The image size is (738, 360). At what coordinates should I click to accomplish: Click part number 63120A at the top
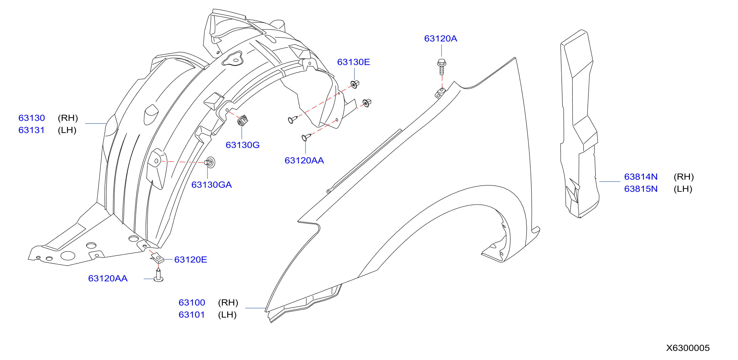coord(440,38)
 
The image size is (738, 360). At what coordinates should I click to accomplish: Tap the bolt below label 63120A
coord(442,67)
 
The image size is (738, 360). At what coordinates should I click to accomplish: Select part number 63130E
coord(353,62)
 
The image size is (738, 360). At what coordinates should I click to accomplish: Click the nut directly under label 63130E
coord(355,84)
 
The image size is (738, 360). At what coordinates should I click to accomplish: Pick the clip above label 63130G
coord(242,120)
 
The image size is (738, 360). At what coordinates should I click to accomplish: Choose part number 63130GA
coord(211,185)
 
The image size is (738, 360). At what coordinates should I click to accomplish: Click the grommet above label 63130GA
coord(210,162)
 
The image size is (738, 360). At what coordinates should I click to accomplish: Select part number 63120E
coord(191,260)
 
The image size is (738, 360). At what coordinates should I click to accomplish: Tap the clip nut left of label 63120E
coord(157,258)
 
